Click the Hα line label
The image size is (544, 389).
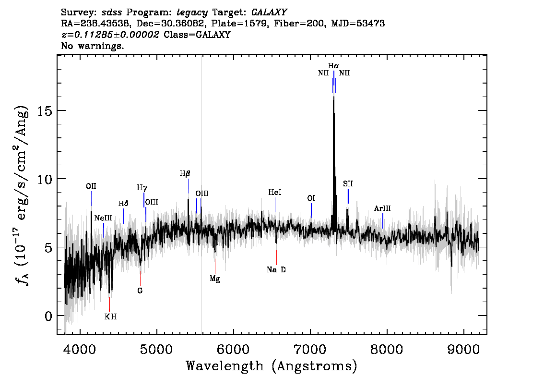pos(333,66)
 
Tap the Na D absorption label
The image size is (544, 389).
pos(276,270)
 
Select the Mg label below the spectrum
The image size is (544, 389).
pos(215,279)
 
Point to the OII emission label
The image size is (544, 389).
pos(91,186)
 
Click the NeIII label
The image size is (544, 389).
pos(103,218)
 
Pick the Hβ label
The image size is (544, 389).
pos(185,174)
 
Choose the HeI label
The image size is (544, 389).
pos(275,193)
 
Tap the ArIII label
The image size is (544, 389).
pos(382,208)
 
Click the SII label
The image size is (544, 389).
pos(348,184)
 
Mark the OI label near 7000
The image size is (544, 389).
pos(311,198)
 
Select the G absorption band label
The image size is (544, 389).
pos(140,291)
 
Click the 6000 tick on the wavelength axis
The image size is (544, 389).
pos(233,350)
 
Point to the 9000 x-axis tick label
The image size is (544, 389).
pos(463,350)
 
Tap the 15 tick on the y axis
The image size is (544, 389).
pos(43,111)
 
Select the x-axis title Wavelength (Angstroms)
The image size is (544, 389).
pos(272,366)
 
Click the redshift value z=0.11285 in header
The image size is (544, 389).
pos(110,35)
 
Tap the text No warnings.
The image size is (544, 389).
pos(92,46)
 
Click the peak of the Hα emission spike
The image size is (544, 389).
pos(334,86)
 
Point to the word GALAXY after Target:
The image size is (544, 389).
pos(269,12)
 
